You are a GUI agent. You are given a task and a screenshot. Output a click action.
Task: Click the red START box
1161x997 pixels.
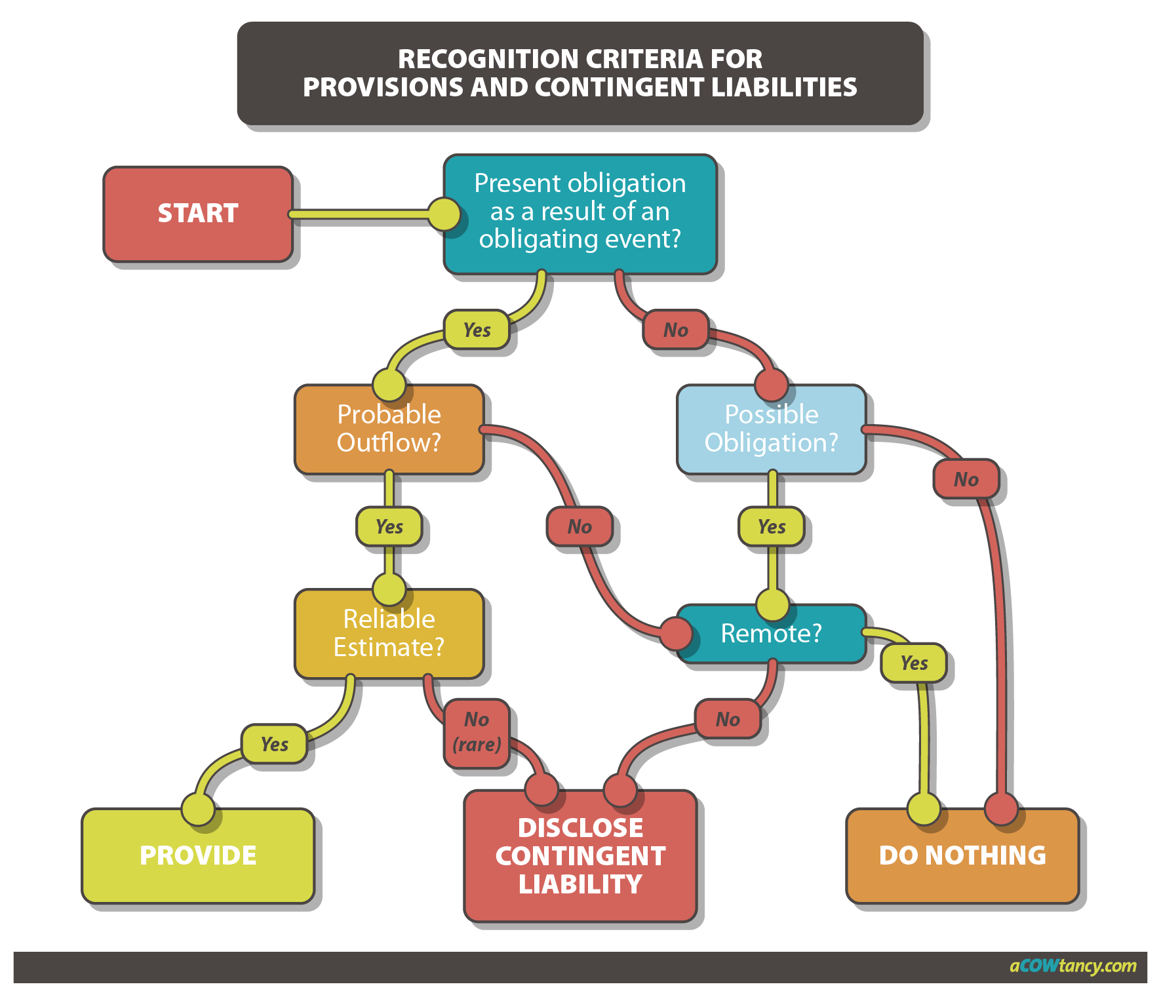tap(198, 214)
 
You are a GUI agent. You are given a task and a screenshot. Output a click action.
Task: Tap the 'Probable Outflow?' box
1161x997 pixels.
tap(389, 429)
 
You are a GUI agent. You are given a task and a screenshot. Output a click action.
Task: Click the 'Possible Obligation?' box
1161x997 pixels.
tap(771, 429)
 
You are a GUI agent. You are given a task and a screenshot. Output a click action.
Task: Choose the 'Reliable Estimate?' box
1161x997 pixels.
tap(389, 633)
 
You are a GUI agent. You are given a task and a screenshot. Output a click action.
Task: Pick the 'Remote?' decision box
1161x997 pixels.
tap(771, 633)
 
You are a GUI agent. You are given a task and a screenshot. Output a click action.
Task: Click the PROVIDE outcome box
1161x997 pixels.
tap(198, 855)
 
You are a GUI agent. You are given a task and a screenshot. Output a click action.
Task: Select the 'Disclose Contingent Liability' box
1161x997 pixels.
tap(580, 855)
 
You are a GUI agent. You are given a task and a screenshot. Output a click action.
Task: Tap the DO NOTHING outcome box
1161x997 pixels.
tap(962, 855)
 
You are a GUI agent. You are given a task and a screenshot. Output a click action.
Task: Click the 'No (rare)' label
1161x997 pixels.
tap(477, 732)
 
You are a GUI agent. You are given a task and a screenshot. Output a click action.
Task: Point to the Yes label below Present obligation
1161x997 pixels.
tap(477, 330)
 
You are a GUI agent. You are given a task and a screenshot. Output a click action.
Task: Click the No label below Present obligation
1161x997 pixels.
tap(676, 330)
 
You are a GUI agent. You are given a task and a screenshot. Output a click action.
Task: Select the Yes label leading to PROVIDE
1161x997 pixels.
tap(274, 744)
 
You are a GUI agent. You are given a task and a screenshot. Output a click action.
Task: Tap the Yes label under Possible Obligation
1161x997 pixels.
tap(772, 526)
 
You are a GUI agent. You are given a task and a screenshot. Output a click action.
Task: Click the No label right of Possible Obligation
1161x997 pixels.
tap(966, 479)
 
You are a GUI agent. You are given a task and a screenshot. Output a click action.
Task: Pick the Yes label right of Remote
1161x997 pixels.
tap(914, 663)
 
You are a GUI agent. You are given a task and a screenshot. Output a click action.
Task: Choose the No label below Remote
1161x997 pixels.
tap(728, 719)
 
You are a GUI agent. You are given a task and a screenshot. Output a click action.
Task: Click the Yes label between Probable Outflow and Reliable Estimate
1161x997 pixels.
tap(389, 526)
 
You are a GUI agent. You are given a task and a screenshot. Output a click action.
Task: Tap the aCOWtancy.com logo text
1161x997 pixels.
tap(1072, 966)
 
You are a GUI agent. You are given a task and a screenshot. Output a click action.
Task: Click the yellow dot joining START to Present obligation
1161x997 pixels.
tap(444, 214)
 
